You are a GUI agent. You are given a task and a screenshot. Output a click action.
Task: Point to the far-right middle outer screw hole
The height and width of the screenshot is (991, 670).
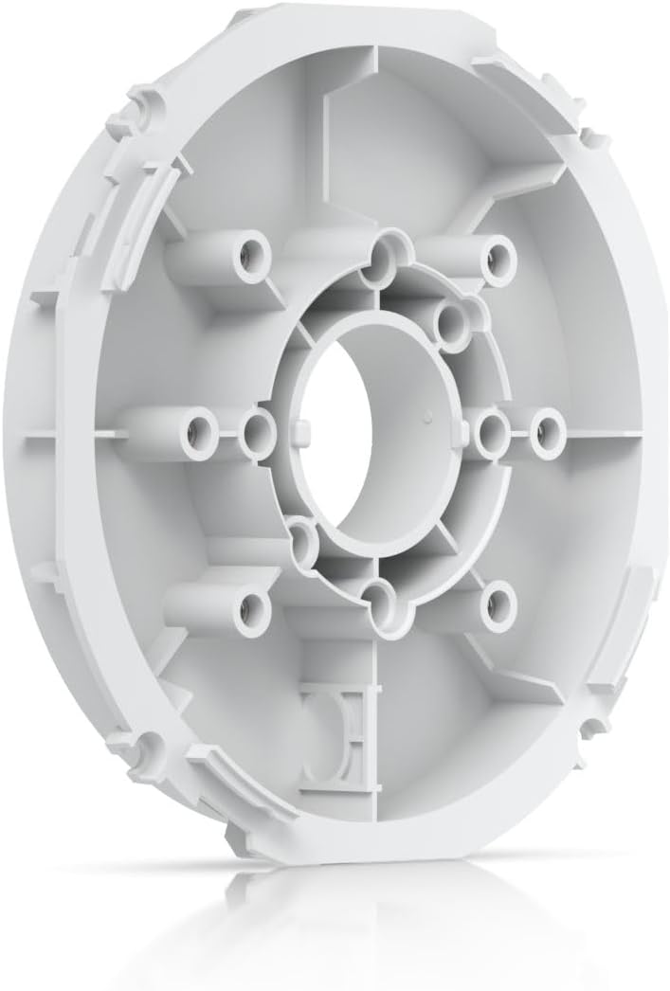(544, 426)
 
